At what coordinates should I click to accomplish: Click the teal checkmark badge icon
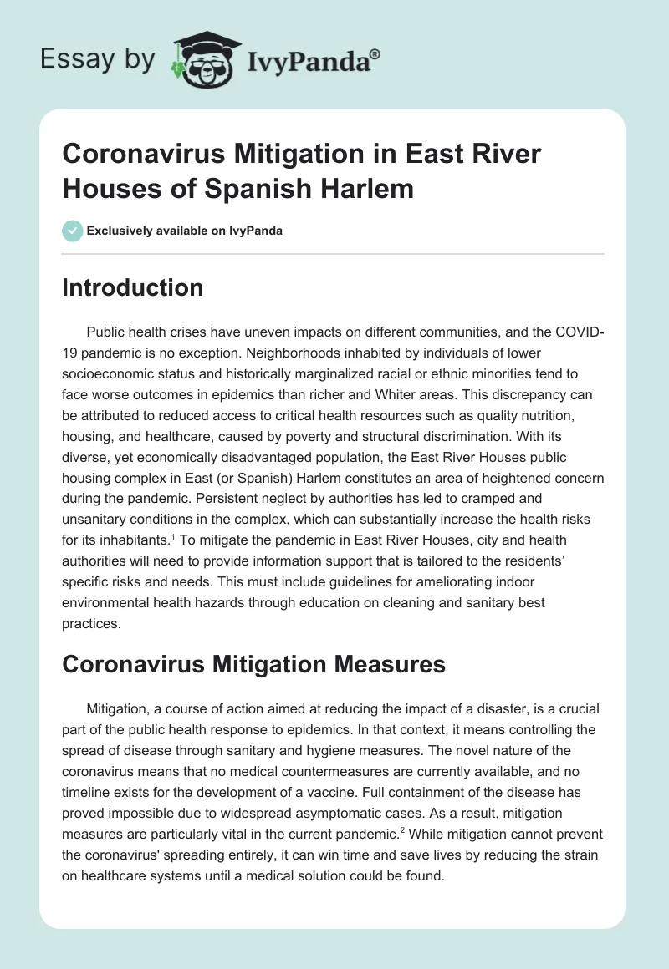point(73,231)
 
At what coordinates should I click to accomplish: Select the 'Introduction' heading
point(133,288)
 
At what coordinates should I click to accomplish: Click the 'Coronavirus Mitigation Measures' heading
point(253,666)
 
